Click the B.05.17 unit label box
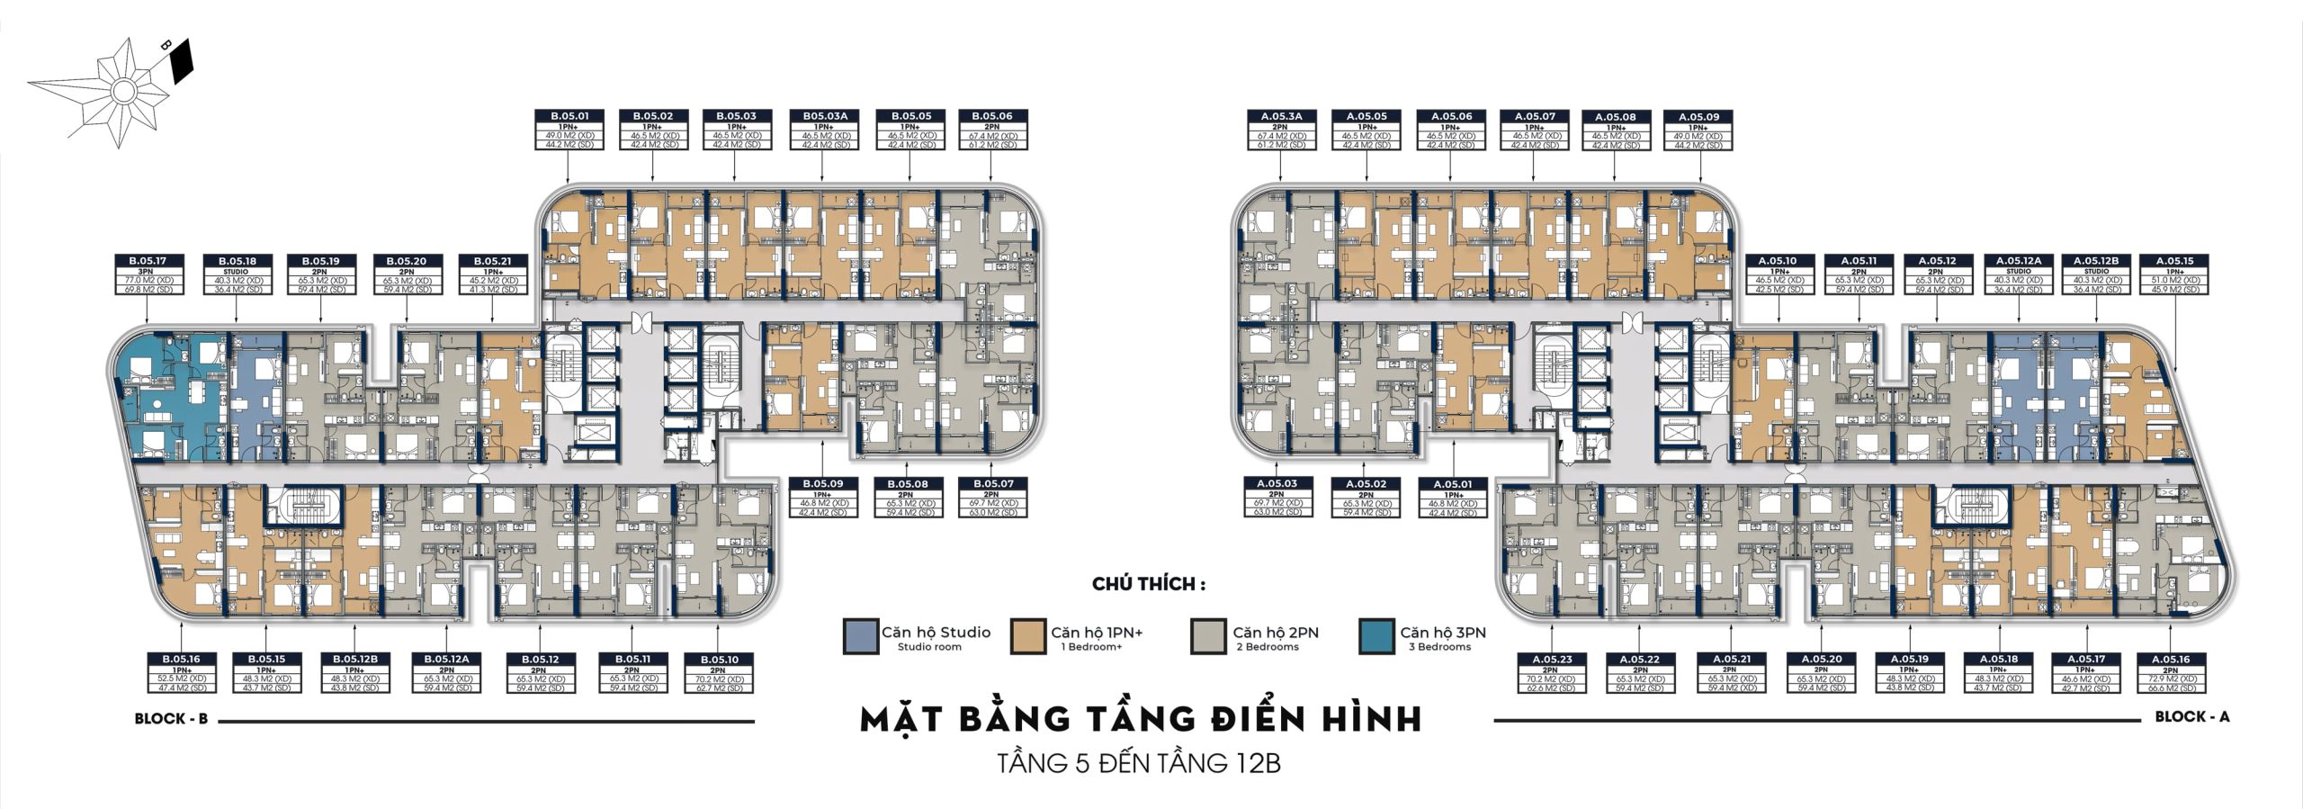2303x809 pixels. click(x=148, y=274)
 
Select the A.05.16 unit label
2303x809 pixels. click(x=2174, y=672)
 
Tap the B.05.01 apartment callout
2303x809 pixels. click(x=570, y=130)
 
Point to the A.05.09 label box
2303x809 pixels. click(x=1698, y=130)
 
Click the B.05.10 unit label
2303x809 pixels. click(x=717, y=672)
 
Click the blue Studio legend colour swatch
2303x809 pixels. click(x=859, y=636)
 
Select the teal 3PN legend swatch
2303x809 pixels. click(x=1376, y=636)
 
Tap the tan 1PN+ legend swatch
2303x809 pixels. click(x=1028, y=636)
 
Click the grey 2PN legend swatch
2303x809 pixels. click(x=1207, y=636)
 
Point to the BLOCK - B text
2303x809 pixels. click(x=171, y=719)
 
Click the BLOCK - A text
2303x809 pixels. click(x=2191, y=716)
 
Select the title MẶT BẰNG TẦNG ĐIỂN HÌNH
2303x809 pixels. click(x=1141, y=720)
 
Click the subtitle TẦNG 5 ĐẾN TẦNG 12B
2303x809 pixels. click(x=1139, y=764)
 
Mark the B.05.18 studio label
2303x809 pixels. click(x=237, y=274)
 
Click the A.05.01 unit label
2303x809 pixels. click(x=1453, y=498)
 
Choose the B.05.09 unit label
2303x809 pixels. click(x=822, y=498)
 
